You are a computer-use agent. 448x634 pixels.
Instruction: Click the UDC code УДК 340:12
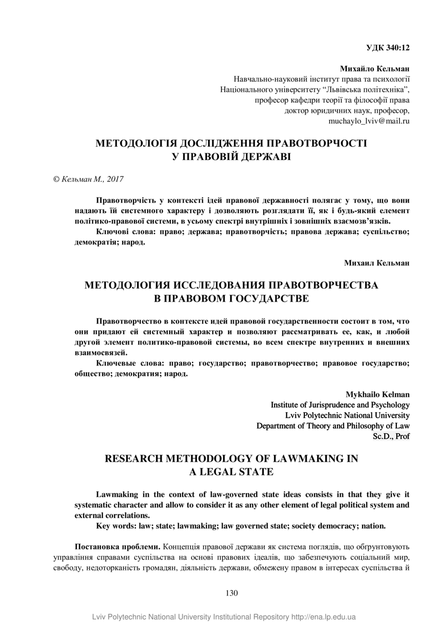coord(388,48)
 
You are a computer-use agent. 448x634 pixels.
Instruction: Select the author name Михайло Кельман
coord(375,69)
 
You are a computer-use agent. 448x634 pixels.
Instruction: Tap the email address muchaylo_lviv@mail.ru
coord(369,121)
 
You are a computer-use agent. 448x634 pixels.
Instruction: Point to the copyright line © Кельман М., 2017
coord(88,179)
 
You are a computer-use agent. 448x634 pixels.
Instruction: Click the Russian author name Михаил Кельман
coord(377,263)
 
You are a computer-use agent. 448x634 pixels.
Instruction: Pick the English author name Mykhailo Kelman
coord(377,394)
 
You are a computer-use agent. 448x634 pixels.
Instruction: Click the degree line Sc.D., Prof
coord(391,436)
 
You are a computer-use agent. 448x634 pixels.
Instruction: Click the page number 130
coord(231,593)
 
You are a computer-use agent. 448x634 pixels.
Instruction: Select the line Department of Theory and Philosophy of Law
coord(333,425)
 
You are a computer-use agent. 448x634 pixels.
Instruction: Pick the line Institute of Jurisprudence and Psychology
coord(340,405)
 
